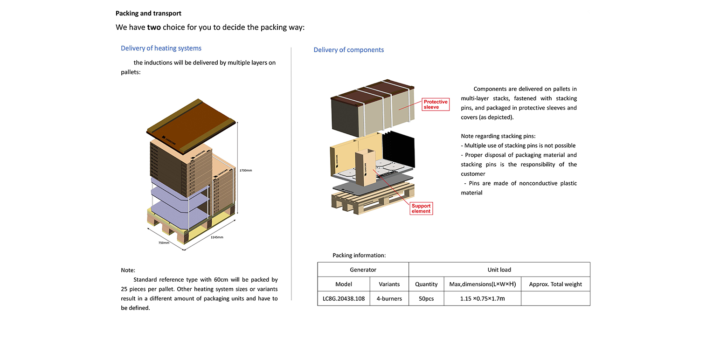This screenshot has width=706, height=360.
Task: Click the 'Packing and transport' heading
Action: tap(148, 14)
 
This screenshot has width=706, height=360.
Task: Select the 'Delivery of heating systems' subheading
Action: tap(161, 48)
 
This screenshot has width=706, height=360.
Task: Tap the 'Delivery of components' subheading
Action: tap(348, 50)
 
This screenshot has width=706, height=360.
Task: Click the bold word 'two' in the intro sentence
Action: tap(154, 27)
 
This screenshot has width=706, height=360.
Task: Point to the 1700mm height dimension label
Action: tap(246, 170)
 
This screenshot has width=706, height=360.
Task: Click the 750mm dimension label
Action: tap(163, 242)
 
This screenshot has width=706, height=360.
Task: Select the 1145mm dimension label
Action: tap(217, 237)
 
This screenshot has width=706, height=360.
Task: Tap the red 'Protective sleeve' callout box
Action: tap(435, 104)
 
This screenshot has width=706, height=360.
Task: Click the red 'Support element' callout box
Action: tap(421, 208)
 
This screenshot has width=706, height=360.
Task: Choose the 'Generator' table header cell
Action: tap(363, 270)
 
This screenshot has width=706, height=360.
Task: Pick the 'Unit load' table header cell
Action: tap(499, 270)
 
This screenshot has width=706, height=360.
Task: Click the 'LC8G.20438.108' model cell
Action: tap(343, 298)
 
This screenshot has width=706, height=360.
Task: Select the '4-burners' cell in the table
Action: tap(389, 298)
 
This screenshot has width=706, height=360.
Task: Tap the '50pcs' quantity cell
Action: tap(426, 298)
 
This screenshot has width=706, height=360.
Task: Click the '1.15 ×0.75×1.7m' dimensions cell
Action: tap(482, 298)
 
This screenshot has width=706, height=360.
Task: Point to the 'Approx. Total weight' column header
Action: tap(555, 284)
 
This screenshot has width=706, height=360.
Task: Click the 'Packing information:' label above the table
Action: tap(359, 255)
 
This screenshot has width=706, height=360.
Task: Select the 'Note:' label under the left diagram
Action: tap(128, 270)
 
